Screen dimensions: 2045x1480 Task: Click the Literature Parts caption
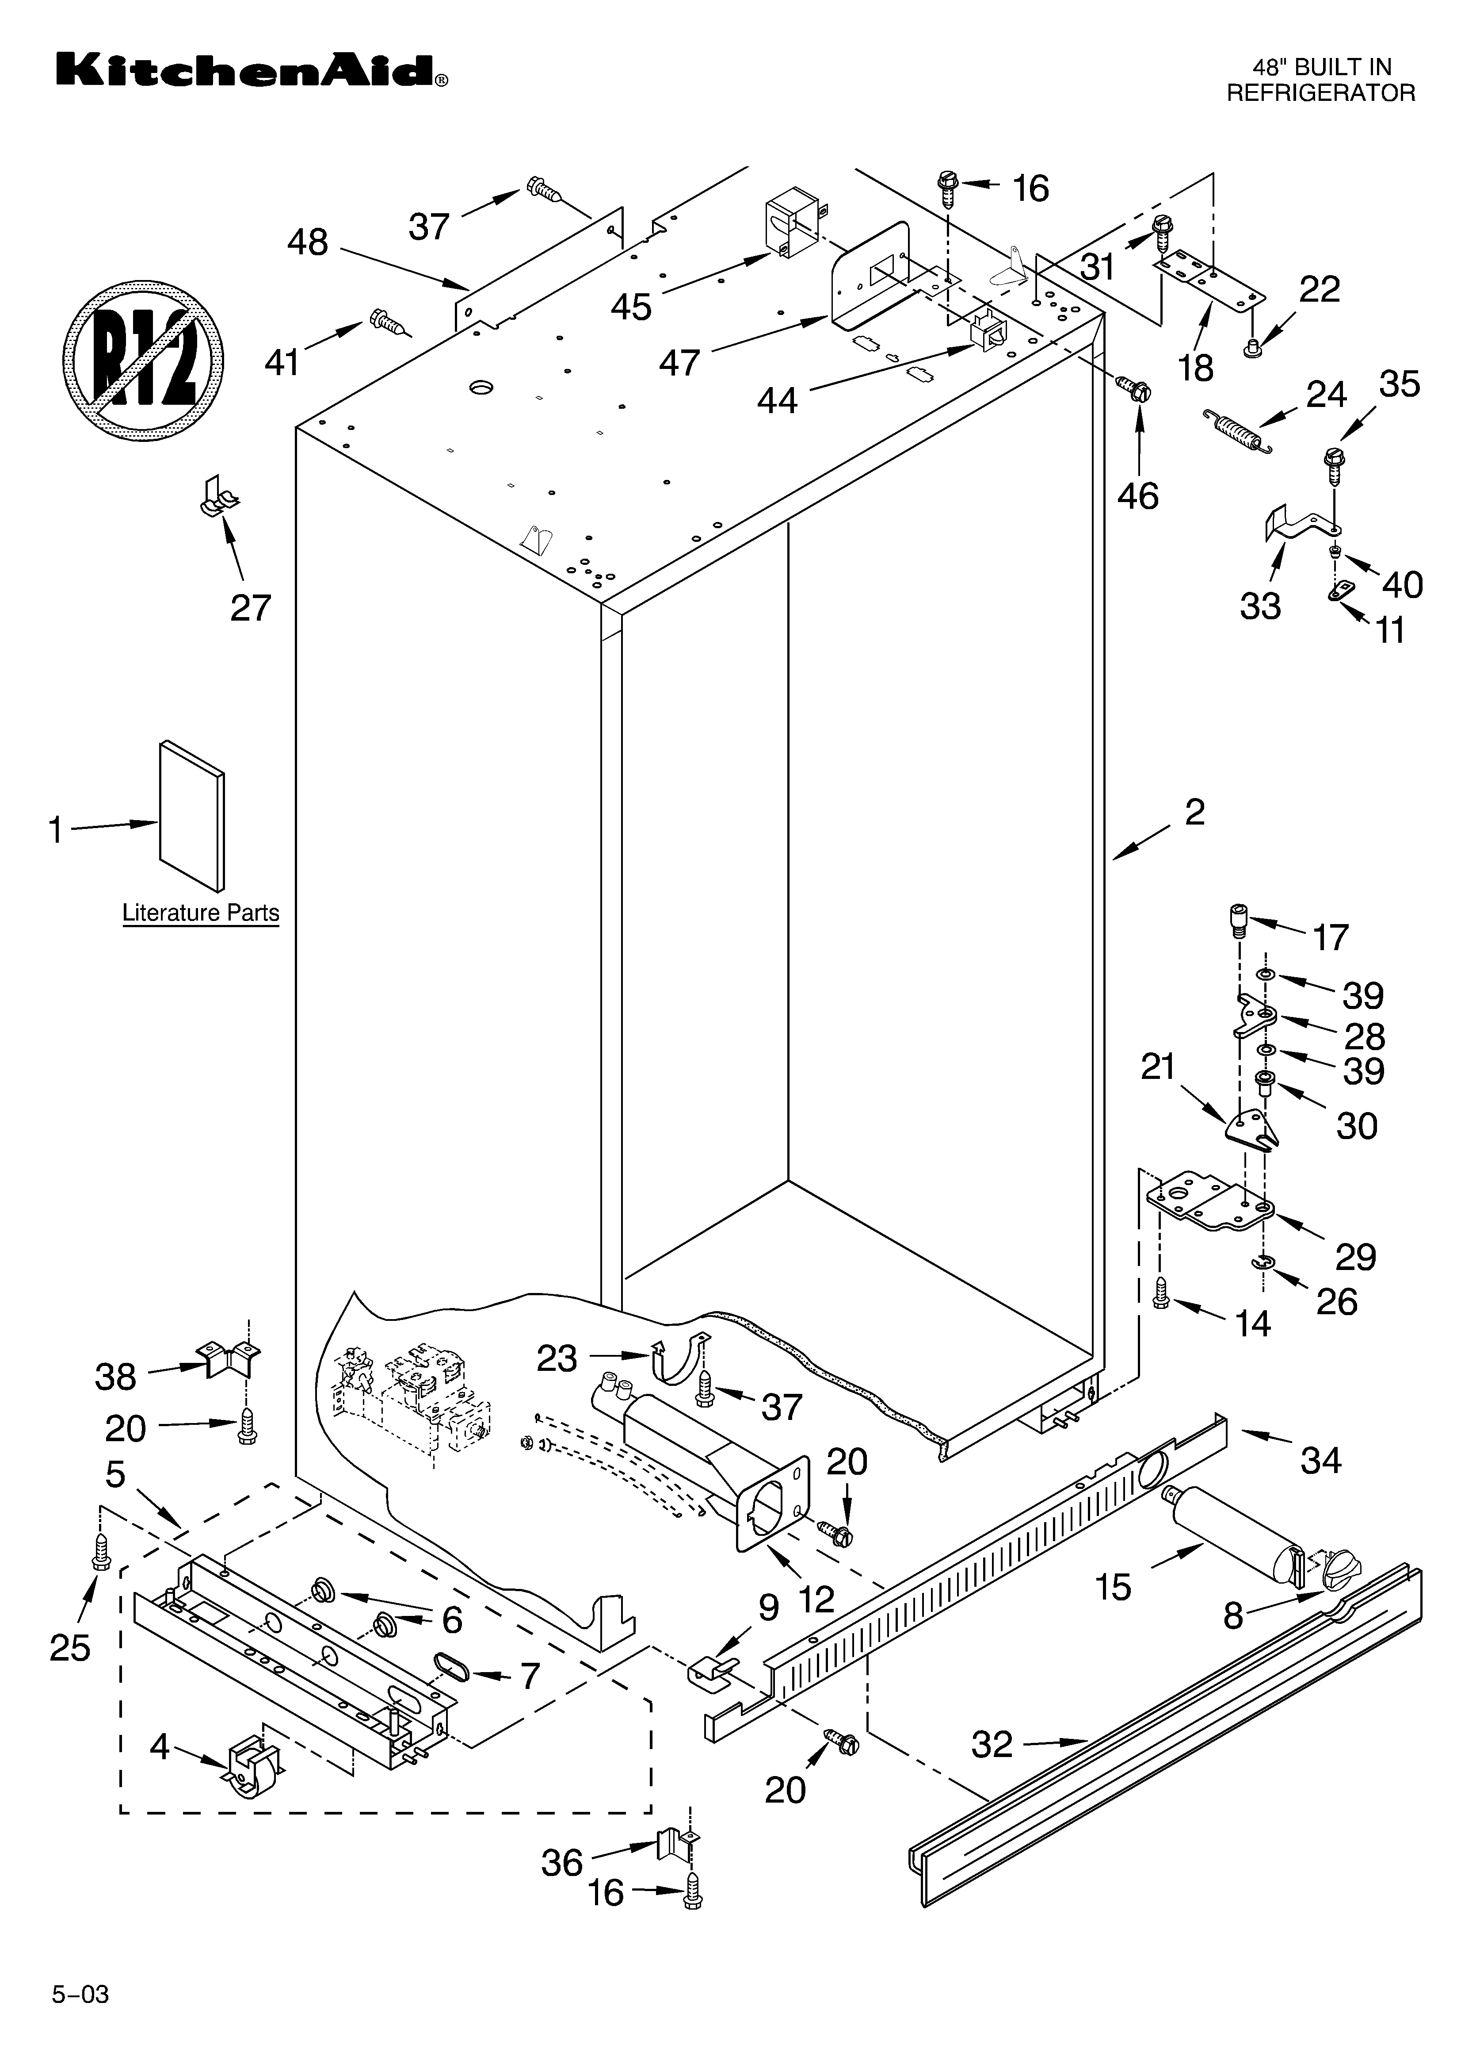200,913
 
